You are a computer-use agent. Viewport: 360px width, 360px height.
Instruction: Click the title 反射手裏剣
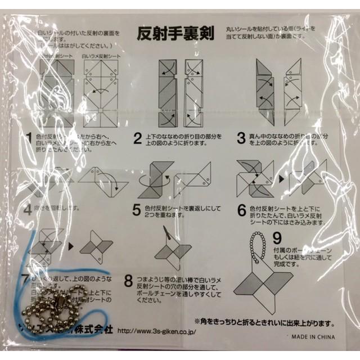click(x=175, y=33)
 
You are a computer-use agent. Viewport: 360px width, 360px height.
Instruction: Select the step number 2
click(x=137, y=138)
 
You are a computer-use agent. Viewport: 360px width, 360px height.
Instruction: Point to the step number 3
click(x=240, y=138)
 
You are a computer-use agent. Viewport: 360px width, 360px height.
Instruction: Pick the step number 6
click(x=241, y=210)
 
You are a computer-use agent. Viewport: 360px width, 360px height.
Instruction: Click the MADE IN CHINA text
click(x=313, y=337)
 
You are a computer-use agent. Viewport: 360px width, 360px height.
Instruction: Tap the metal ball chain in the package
click(x=56, y=304)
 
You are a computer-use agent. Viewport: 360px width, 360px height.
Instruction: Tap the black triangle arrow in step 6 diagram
click(x=280, y=179)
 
